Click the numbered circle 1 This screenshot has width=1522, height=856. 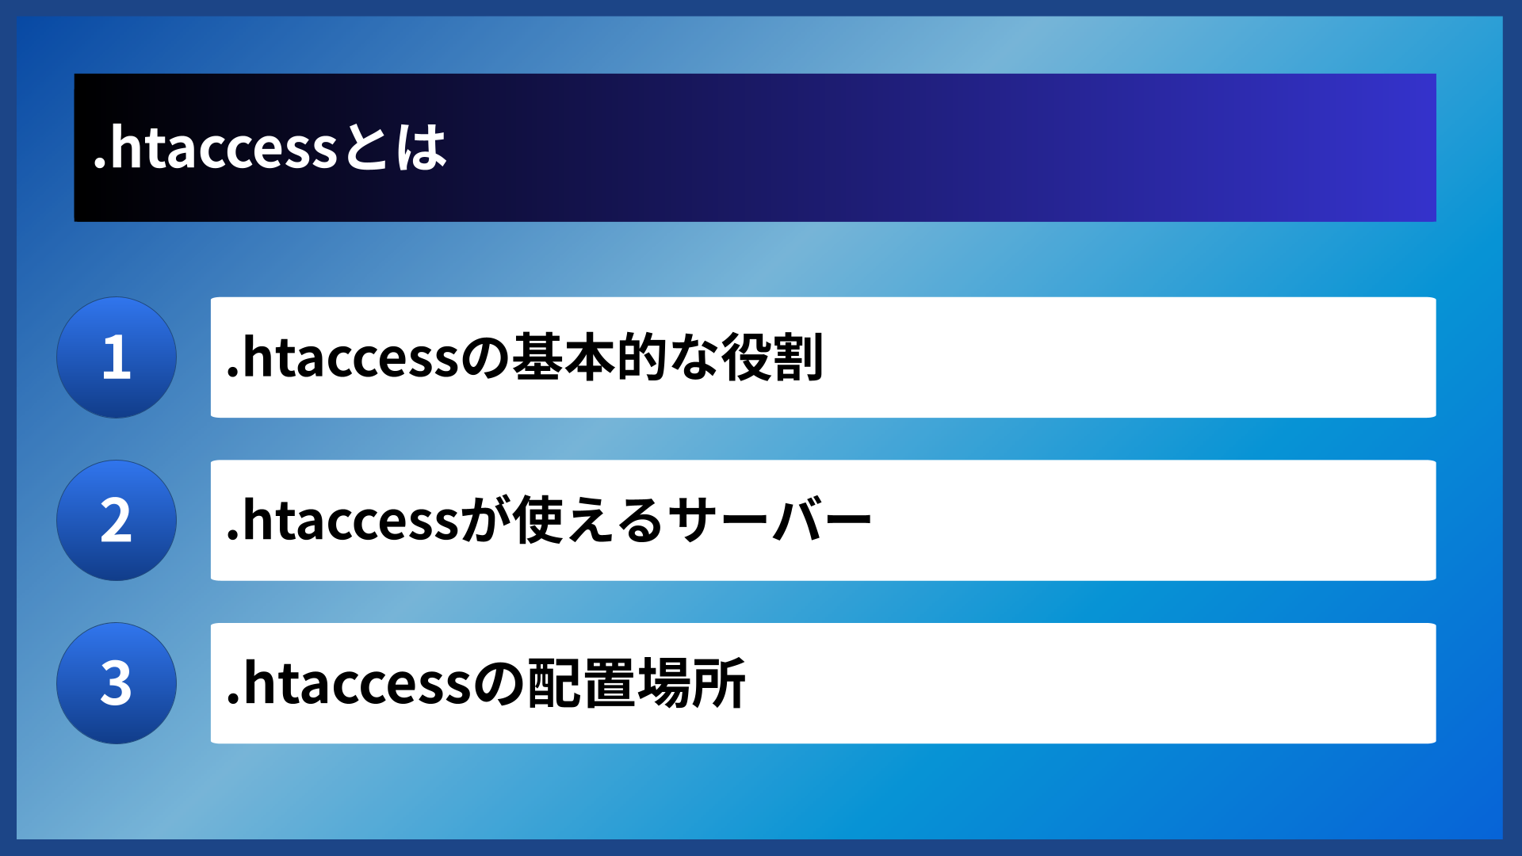click(117, 357)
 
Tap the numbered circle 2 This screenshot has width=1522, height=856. click(117, 521)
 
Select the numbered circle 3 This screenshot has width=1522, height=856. click(117, 683)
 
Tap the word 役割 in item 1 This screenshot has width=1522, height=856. click(773, 357)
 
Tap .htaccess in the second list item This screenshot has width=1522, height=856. click(342, 522)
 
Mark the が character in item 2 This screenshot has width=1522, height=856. click(485, 522)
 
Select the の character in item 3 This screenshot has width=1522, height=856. click(499, 684)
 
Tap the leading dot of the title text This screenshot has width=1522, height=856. click(99, 165)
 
